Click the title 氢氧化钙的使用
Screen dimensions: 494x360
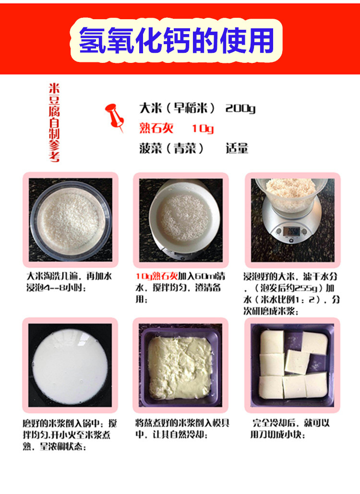[177, 40]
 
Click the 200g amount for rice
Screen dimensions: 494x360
[240, 108]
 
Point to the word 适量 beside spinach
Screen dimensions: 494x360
[237, 148]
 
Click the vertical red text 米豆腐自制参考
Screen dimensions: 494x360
[54, 122]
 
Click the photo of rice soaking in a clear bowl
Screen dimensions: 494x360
[71, 220]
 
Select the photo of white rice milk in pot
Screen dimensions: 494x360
[70, 365]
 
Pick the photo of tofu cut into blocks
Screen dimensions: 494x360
[292, 364]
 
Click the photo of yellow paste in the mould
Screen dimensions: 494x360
[181, 364]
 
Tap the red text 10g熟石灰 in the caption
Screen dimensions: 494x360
[156, 277]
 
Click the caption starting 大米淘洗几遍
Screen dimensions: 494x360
[69, 282]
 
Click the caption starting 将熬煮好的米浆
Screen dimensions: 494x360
[181, 429]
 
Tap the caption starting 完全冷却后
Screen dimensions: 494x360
[291, 429]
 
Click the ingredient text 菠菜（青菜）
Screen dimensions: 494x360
[168, 148]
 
